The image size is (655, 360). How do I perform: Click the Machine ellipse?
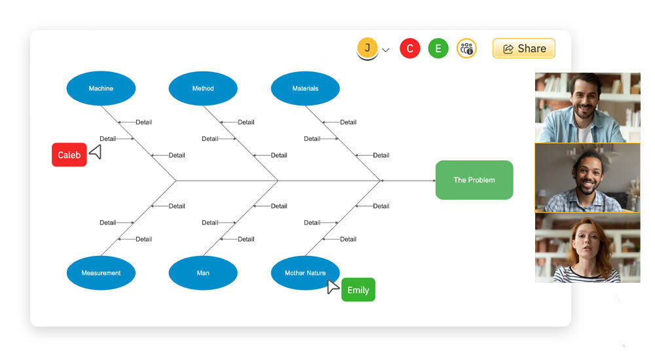coord(101,88)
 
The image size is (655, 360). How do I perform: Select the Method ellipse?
coord(203,88)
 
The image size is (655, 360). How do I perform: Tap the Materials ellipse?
coord(305,88)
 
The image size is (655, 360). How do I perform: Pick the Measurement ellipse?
coord(101,273)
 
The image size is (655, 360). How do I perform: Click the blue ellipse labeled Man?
coord(203,273)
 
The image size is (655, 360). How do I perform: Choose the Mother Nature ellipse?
coord(305,273)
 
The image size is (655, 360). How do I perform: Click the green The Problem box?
coord(474,180)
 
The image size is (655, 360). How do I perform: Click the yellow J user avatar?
coord(367,48)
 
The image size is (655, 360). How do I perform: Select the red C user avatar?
coord(410,48)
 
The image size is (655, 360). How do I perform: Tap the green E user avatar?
coord(438,48)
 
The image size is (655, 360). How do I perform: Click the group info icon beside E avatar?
coord(466,48)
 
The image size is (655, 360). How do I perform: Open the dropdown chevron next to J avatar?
coord(386,50)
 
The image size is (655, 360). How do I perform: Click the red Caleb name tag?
coord(69,155)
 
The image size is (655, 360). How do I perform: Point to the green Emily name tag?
coord(358,290)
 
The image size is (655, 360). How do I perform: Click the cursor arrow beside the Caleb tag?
coord(96,153)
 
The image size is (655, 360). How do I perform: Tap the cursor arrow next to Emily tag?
coord(333,287)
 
